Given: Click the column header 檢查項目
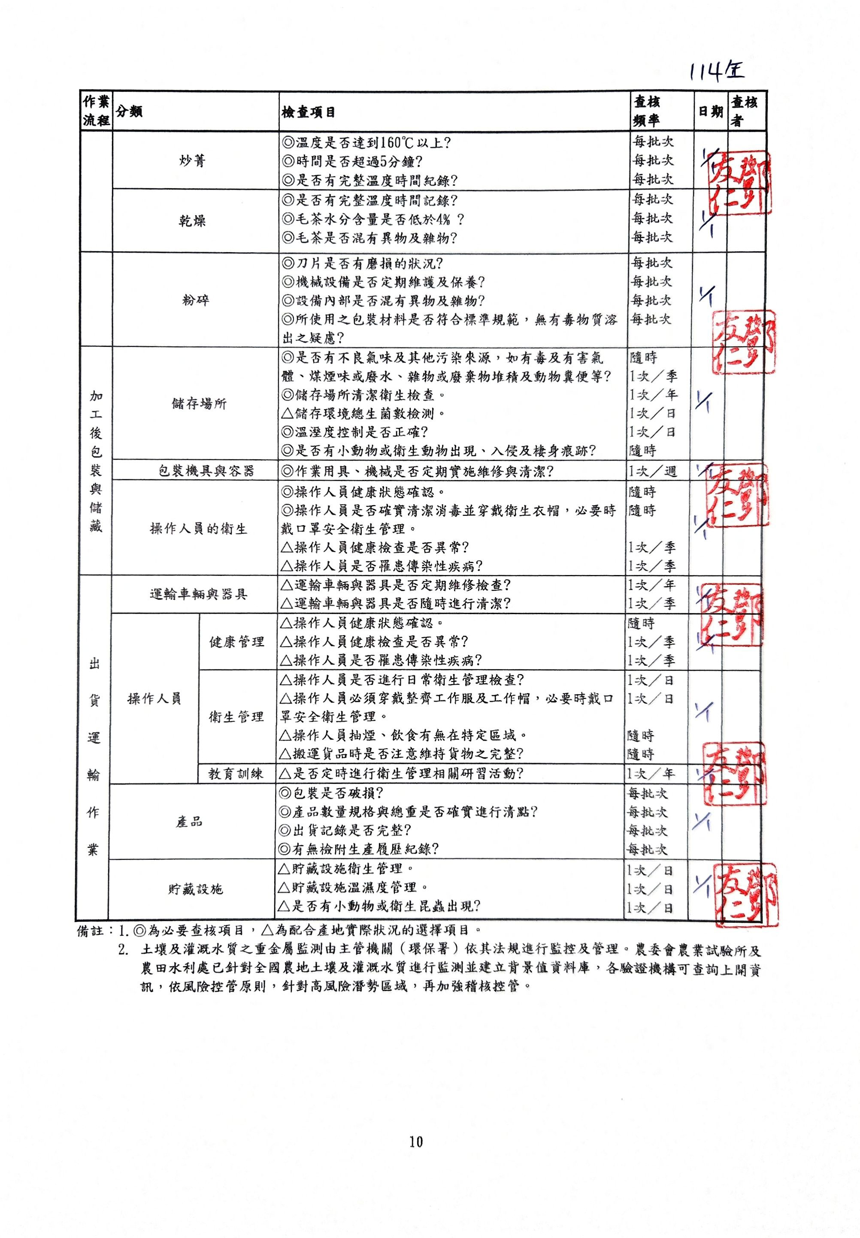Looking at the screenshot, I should [308, 112].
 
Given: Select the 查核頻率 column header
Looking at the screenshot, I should [647, 111].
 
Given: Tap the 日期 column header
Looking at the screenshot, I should [710, 111].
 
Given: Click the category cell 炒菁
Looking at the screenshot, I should [192, 161].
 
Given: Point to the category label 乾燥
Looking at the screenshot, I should [192, 221].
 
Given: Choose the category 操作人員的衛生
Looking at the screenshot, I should [198, 529].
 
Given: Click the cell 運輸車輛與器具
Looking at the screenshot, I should [198, 594].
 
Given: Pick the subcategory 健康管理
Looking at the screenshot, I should [236, 642].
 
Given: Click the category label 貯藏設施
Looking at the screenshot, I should [195, 889].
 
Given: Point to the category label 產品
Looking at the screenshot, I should [189, 822].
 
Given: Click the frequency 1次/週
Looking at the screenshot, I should [652, 472].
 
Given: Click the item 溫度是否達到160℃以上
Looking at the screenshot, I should [366, 143].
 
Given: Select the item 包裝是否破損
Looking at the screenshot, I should [339, 793].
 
